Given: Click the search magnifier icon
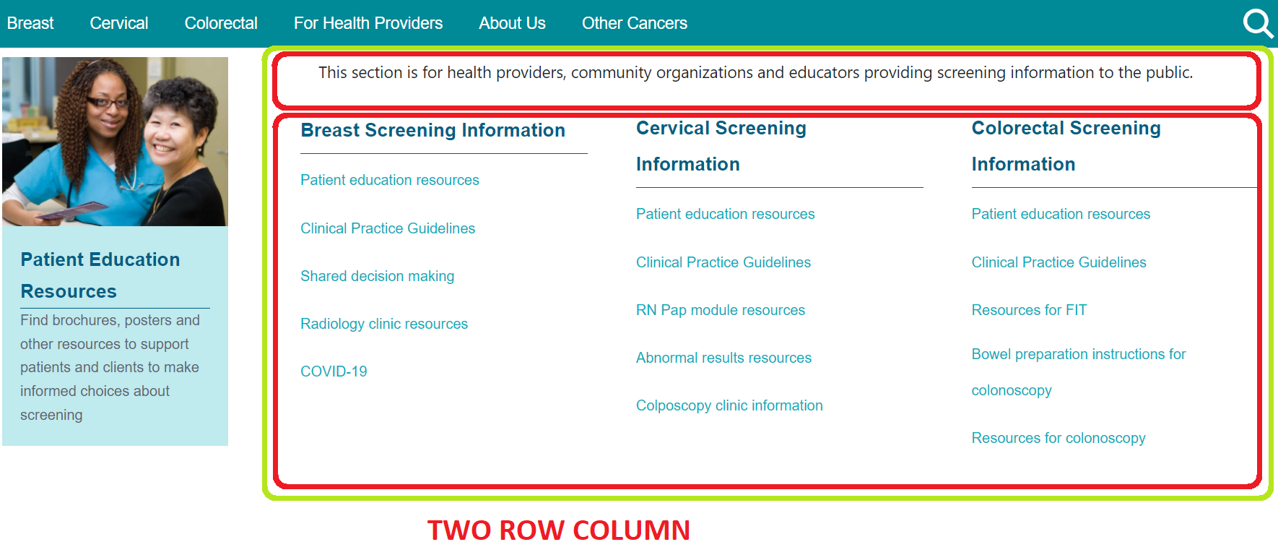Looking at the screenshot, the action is tap(1258, 23).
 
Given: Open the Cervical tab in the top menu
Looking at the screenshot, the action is tap(119, 23).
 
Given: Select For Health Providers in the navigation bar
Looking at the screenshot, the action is tap(368, 23).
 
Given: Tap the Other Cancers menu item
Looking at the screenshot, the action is tap(635, 23).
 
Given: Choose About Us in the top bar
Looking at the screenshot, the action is tap(513, 23).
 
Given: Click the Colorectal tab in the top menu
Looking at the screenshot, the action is tap(221, 23).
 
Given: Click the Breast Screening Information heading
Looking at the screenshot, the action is tap(433, 130).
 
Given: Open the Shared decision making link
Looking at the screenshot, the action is tap(378, 276).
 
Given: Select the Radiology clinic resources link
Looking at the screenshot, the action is tap(384, 324).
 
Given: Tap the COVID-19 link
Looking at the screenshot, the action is tap(334, 371).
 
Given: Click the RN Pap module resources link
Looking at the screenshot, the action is tap(721, 310).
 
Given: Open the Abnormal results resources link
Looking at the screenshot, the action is tap(723, 358).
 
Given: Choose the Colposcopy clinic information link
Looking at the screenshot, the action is tap(729, 405).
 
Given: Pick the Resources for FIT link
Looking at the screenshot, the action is tap(1029, 310).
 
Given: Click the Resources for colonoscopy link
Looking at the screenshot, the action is tap(1059, 438).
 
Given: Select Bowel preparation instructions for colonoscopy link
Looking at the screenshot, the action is tap(1079, 372).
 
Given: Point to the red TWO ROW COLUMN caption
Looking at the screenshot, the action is tap(559, 530).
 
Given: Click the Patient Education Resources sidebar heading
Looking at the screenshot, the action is tap(100, 275).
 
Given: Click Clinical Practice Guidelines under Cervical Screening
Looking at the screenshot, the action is tap(723, 262).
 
